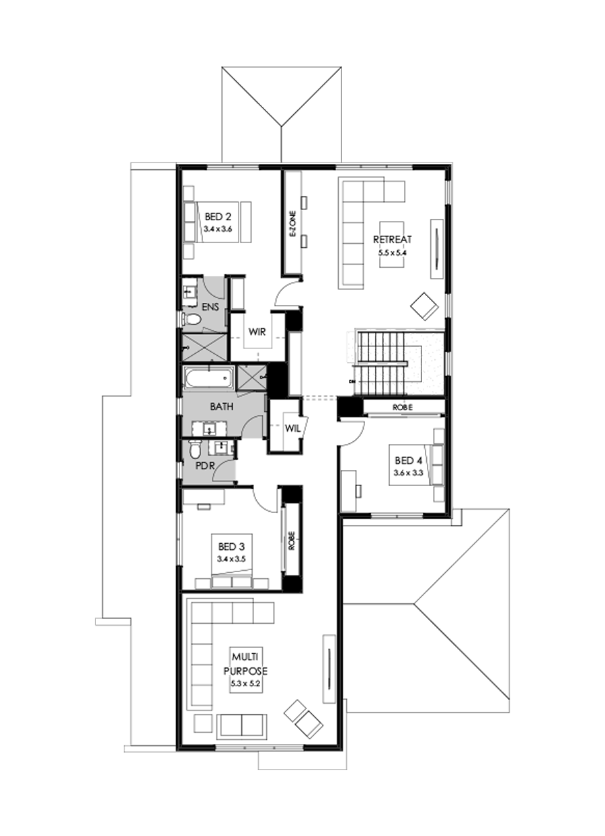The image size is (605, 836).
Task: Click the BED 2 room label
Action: [x=218, y=216]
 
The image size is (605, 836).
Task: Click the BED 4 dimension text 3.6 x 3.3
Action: [x=409, y=472]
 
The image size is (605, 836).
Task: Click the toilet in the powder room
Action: [x=194, y=448]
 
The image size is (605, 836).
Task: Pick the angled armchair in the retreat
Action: [x=425, y=306]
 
